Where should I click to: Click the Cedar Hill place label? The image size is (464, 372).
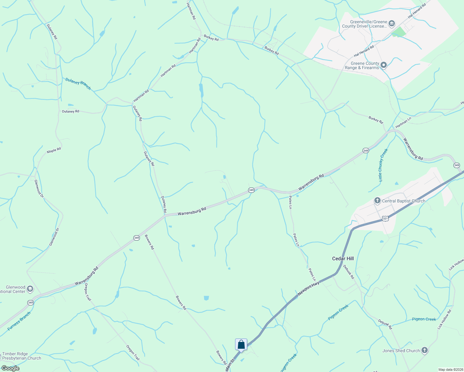[x=343, y=259]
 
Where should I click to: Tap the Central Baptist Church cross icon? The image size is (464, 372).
[x=377, y=201]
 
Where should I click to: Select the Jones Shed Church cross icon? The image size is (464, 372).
[x=425, y=351]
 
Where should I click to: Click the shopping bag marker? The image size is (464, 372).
[x=241, y=345]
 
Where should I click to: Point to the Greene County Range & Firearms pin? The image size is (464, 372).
[x=384, y=65]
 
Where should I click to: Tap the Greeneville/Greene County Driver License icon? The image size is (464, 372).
[x=392, y=24]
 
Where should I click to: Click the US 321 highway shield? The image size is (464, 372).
[x=385, y=219]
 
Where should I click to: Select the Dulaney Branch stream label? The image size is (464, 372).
[x=78, y=84]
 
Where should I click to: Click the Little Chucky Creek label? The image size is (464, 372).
[x=383, y=165]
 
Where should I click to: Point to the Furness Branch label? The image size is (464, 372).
[x=19, y=321]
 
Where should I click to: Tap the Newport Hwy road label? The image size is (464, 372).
[x=308, y=289]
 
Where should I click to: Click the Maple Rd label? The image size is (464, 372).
[x=54, y=151]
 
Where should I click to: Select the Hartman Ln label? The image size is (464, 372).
[x=403, y=122]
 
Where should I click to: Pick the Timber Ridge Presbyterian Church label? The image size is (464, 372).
[x=21, y=356]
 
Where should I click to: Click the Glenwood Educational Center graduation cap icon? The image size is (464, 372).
[x=30, y=289]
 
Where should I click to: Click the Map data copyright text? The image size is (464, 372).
[x=450, y=370]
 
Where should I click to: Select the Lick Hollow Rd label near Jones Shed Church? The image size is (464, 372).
[x=444, y=319]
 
